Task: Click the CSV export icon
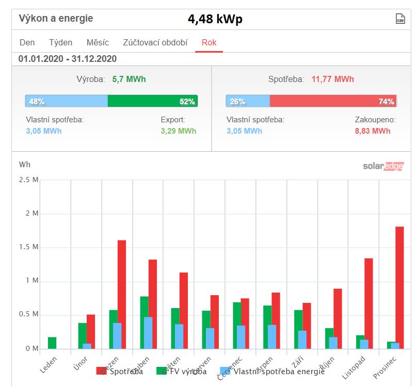click(x=400, y=19)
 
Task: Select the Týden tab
click(x=61, y=42)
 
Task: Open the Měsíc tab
click(x=98, y=42)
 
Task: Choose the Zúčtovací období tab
click(x=155, y=42)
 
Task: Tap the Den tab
click(x=27, y=42)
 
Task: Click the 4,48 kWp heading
click(x=215, y=19)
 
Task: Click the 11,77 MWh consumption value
click(x=332, y=79)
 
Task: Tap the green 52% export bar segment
click(x=153, y=101)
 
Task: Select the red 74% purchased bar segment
click(x=333, y=101)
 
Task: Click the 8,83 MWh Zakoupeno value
click(x=372, y=131)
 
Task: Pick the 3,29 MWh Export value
click(x=178, y=131)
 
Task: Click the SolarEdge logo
click(x=383, y=166)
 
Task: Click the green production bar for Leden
click(x=52, y=343)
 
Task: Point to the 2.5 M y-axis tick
click(x=29, y=180)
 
